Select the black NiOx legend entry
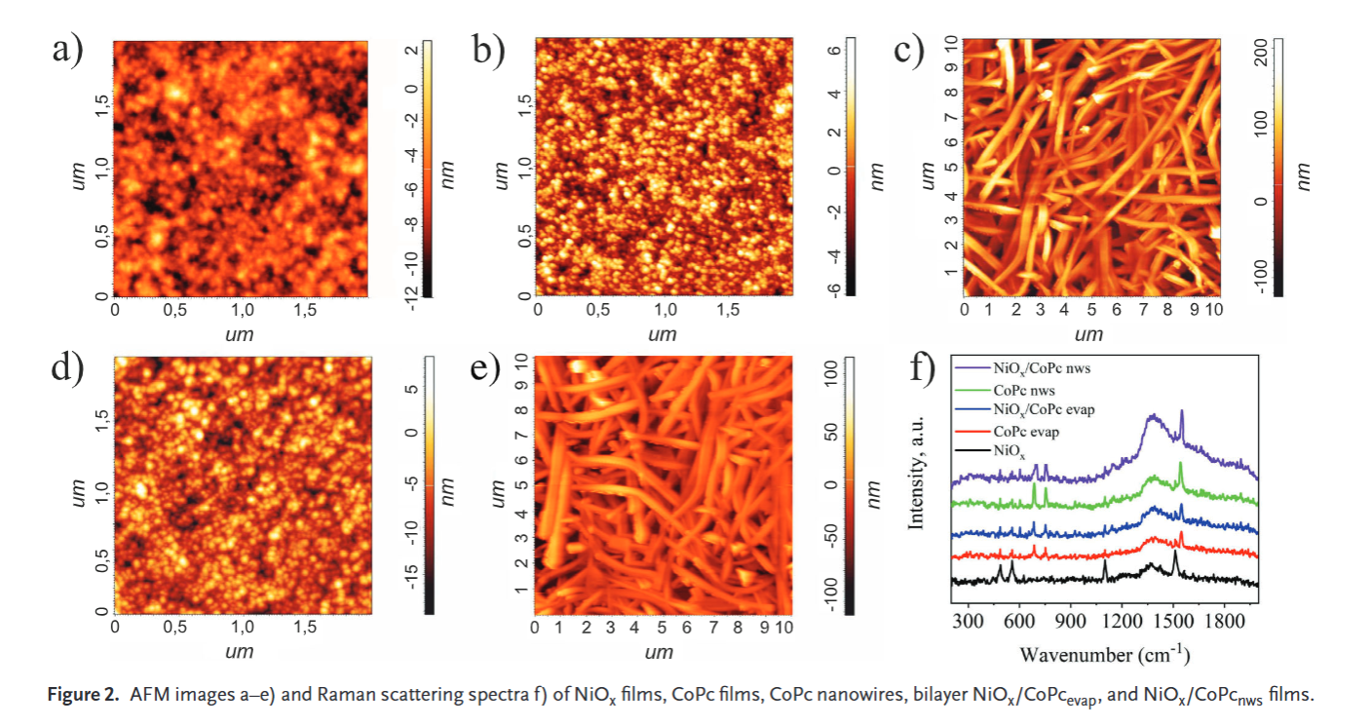click(1009, 451)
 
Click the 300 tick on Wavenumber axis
click(969, 621)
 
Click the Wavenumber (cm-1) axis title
click(1103, 649)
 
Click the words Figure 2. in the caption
click(79, 696)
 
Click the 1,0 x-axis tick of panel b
click(666, 311)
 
